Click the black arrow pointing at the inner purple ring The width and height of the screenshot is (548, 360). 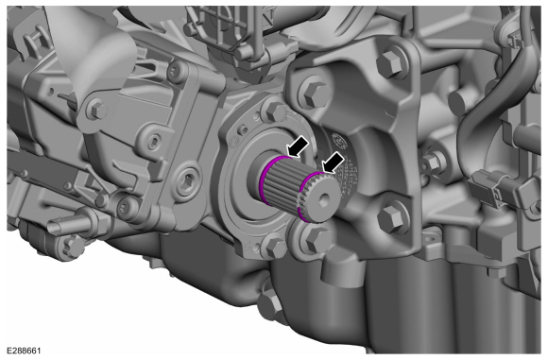point(298,146)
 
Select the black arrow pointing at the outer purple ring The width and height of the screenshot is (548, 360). point(334,163)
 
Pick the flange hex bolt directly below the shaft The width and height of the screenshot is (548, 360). point(276,247)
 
